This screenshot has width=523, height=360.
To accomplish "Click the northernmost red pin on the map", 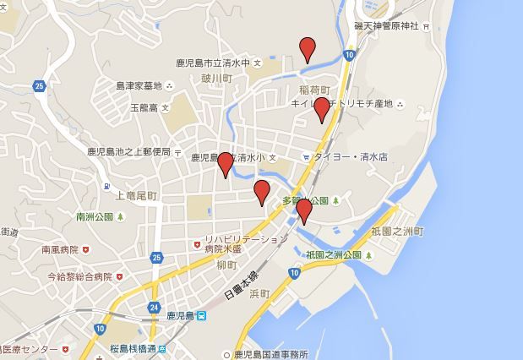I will coord(308,49).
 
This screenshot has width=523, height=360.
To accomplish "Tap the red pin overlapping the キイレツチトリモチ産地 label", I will coord(321,109).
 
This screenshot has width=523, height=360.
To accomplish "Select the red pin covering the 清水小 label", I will coord(225,163).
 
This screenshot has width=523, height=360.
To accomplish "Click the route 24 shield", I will coord(153,307).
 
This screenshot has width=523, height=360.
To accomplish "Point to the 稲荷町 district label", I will coord(313,89).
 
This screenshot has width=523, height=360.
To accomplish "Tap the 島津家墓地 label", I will coord(140,85).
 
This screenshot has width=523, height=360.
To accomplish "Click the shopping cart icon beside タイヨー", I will coord(306,155).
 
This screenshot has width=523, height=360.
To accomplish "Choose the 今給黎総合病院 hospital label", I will coord(79,276).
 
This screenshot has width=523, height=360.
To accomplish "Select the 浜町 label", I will coord(259,293).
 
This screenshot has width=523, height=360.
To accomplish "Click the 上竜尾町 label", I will coord(135,196).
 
